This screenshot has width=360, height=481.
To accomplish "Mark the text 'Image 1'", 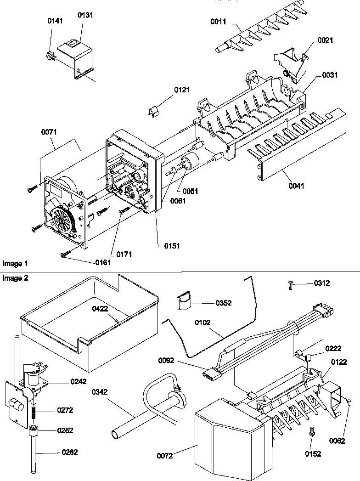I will coord(15,264).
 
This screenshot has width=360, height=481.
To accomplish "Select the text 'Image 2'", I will coord(15,278).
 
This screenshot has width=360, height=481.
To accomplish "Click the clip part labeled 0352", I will coord(184,302).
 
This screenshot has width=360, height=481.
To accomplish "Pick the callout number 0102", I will coord(202,323).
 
